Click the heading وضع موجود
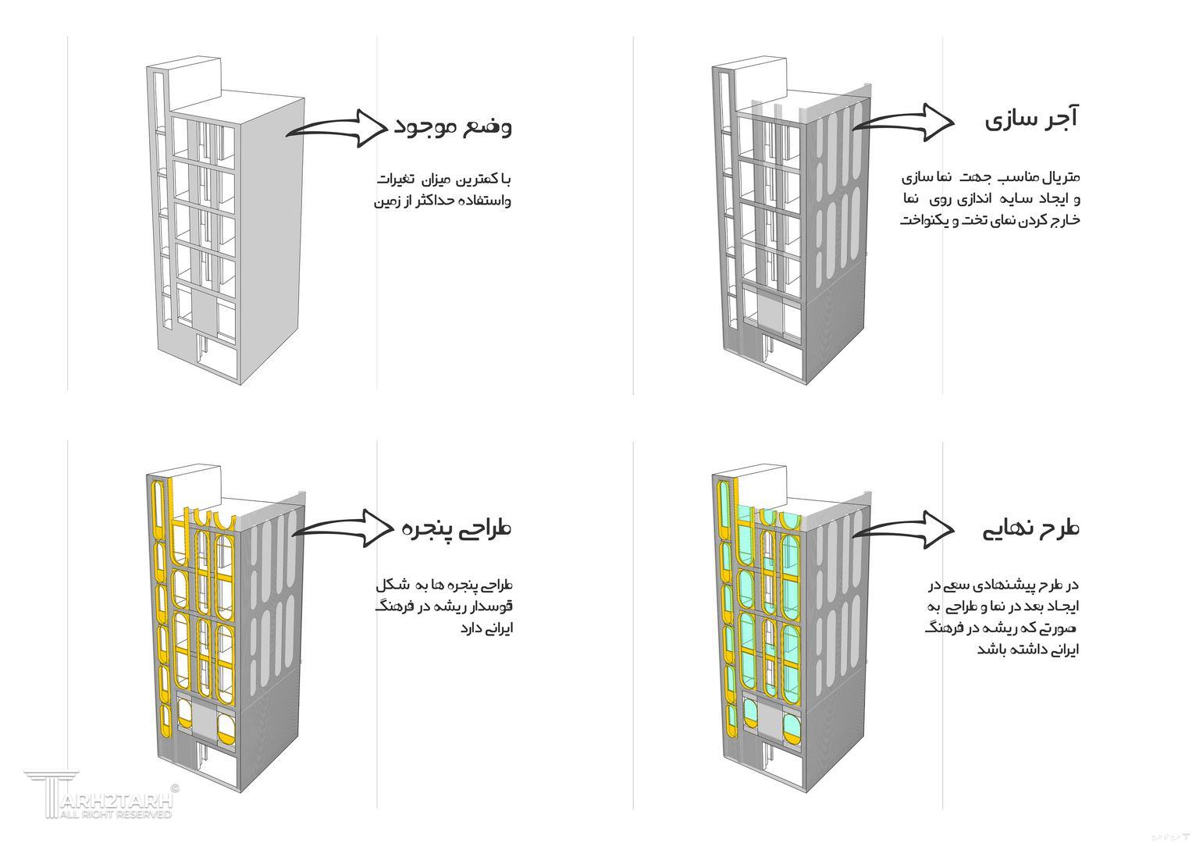tap(453, 126)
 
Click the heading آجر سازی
tap(1030, 120)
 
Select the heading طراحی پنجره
tap(457, 528)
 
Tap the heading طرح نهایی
tap(1030, 528)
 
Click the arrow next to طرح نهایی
tap(904, 529)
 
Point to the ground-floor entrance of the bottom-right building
tap(785, 769)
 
